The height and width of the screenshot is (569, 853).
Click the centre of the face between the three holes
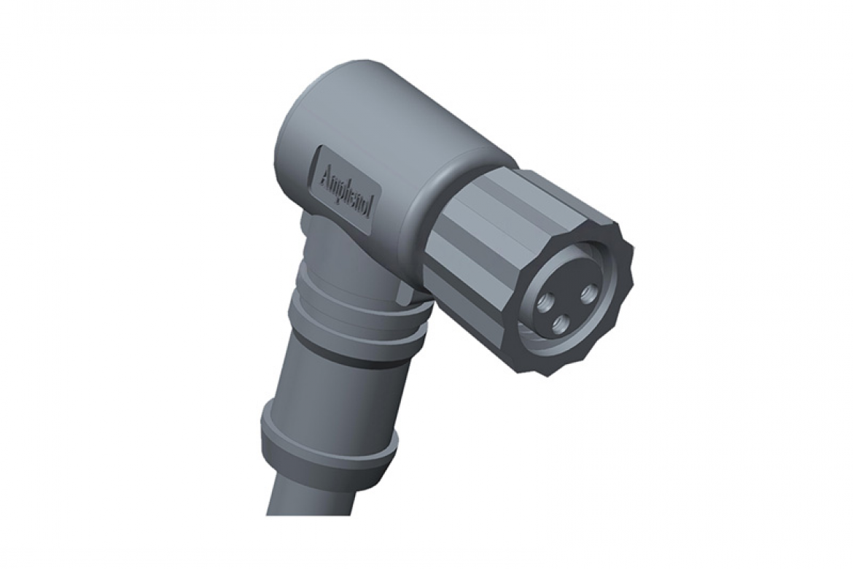[564, 305]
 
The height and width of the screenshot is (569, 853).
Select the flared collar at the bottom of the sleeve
[328, 445]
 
